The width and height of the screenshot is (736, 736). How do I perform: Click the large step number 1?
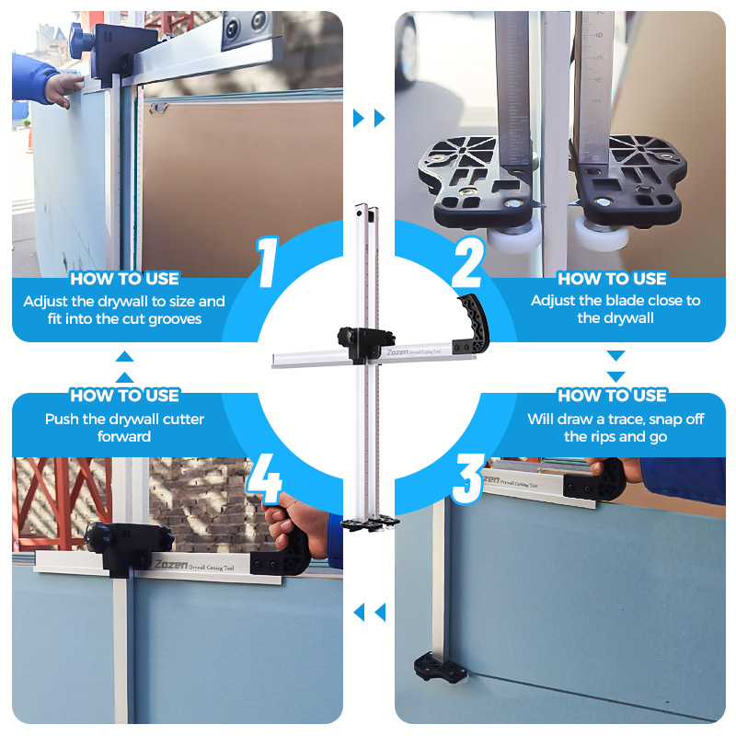[x=268, y=262]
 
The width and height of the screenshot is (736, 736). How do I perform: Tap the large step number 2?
[x=467, y=262]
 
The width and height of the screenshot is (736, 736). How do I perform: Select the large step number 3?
[x=467, y=478]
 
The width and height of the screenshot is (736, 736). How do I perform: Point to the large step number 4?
[x=264, y=478]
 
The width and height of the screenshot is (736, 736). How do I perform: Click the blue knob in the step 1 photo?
[x=80, y=41]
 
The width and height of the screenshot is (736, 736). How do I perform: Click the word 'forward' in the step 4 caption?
[x=124, y=436]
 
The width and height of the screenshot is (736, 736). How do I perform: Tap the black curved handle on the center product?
[x=473, y=324]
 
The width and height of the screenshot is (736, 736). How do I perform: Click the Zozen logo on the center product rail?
[x=397, y=352]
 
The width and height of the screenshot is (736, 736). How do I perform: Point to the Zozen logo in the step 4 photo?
[x=171, y=564]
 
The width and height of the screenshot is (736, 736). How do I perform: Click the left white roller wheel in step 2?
[x=511, y=238]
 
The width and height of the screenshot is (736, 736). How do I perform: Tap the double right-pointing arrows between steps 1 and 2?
[x=369, y=118]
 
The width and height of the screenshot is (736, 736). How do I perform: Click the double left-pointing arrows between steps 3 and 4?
[x=369, y=612]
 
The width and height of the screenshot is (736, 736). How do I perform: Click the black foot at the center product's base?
[x=370, y=523]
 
